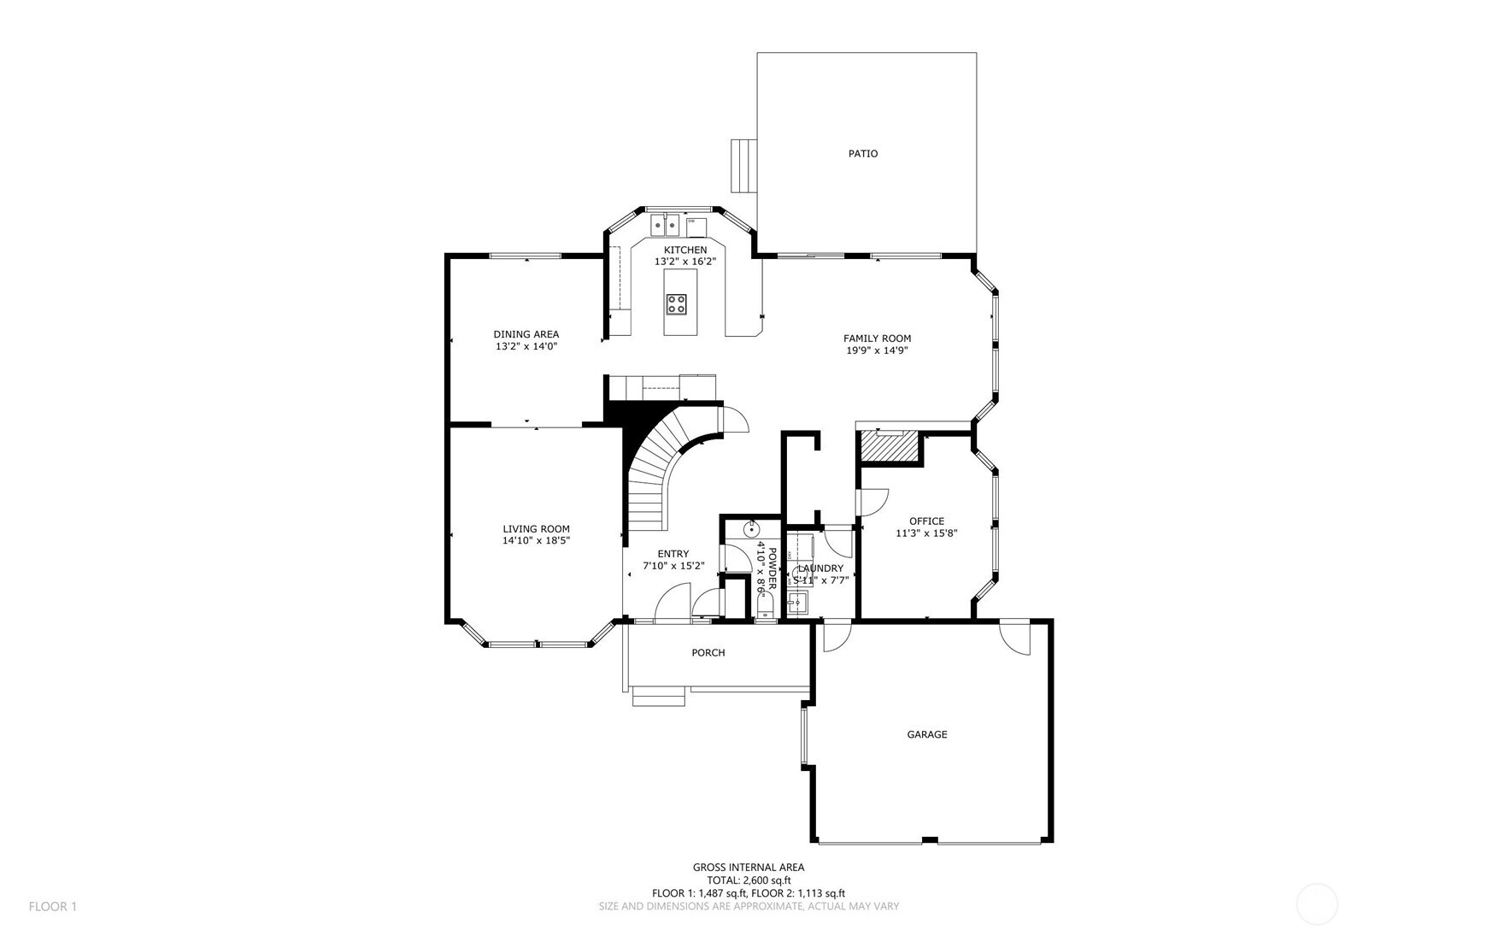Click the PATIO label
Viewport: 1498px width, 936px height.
(x=862, y=154)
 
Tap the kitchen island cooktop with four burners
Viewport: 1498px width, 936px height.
(x=676, y=303)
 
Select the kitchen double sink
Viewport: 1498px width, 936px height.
(x=665, y=225)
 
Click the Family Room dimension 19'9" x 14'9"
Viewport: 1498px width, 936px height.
(x=877, y=350)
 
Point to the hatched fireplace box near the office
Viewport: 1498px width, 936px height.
(x=889, y=445)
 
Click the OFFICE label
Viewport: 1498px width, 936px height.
(x=926, y=521)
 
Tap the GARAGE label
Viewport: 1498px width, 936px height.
(x=926, y=734)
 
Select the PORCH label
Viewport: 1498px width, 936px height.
(x=708, y=653)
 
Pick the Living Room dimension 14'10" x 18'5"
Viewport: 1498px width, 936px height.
(x=536, y=540)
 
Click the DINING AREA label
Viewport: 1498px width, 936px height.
(x=526, y=334)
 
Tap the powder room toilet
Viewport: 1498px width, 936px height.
(x=764, y=607)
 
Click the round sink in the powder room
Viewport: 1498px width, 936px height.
(x=751, y=530)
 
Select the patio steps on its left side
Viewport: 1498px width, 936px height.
(x=743, y=166)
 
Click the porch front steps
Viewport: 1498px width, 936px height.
(x=659, y=698)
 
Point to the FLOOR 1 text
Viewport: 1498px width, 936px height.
(x=53, y=906)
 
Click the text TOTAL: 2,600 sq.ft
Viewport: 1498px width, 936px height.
(x=749, y=880)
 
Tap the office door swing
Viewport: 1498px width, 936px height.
(x=872, y=501)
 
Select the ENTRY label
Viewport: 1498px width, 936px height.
(x=673, y=554)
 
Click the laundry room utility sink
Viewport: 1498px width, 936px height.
(x=798, y=603)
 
